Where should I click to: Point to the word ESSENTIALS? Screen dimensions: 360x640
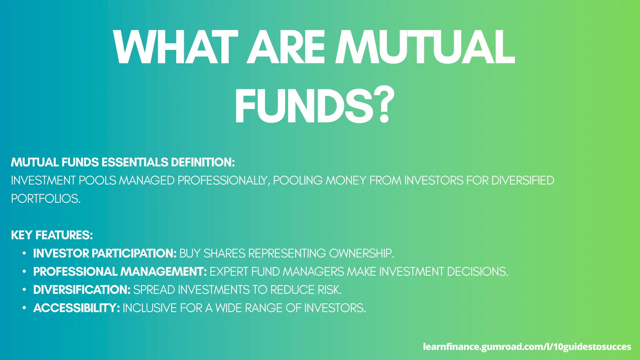(x=135, y=162)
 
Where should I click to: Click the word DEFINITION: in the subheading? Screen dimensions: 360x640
(x=203, y=162)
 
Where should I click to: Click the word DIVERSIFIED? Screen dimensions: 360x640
(x=522, y=181)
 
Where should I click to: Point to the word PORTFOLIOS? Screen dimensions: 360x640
(x=46, y=199)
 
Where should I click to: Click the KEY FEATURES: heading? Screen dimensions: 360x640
(x=52, y=235)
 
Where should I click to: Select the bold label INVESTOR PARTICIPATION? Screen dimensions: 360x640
(x=105, y=253)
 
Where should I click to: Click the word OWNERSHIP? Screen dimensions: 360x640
(x=362, y=253)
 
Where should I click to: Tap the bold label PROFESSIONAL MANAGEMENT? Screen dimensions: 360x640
(x=120, y=272)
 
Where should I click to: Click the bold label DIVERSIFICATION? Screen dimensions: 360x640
(x=82, y=290)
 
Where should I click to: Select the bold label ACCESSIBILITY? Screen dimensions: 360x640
(x=77, y=308)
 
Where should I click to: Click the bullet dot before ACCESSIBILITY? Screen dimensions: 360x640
(x=24, y=308)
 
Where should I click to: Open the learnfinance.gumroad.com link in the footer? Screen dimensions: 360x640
(x=527, y=347)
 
